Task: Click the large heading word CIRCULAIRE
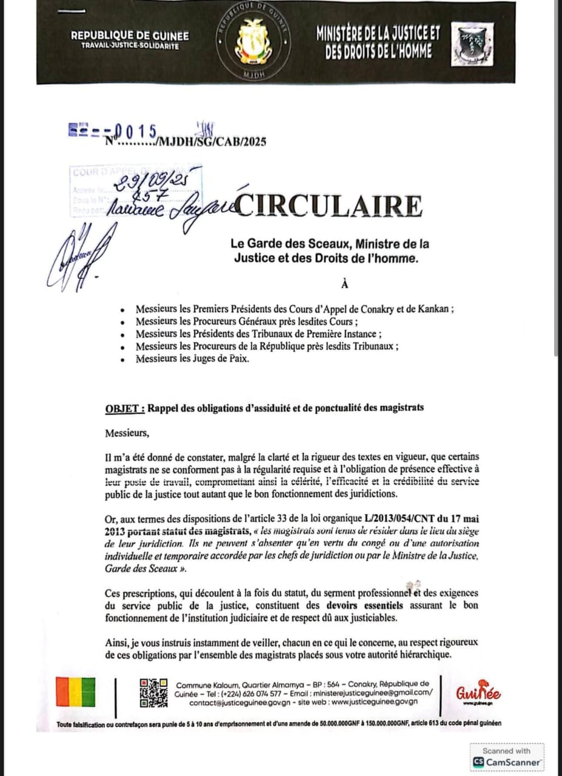[x=330, y=206]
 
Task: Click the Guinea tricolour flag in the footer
[x=76, y=692]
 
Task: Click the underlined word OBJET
[x=125, y=408]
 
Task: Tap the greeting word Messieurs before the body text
[x=126, y=433]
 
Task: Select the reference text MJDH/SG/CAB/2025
[x=210, y=142]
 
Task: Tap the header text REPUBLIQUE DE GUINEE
[x=130, y=36]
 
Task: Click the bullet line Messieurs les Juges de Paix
[x=193, y=359]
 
